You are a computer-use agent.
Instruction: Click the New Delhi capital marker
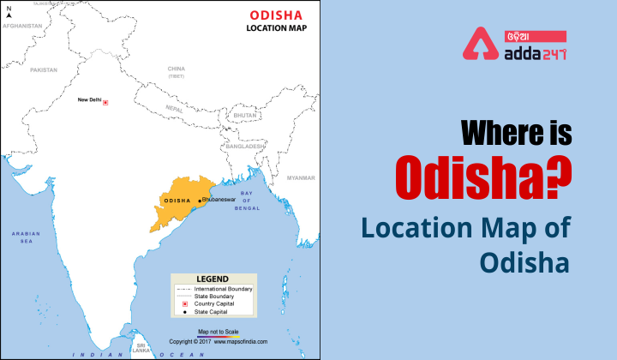coord(105,102)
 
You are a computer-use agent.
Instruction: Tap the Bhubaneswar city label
coord(220,200)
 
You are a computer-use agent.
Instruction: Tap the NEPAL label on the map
coord(174,111)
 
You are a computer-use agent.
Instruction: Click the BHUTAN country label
coord(245,114)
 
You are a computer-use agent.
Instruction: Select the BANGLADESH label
coord(244,147)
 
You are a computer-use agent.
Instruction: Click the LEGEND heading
coord(213,279)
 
